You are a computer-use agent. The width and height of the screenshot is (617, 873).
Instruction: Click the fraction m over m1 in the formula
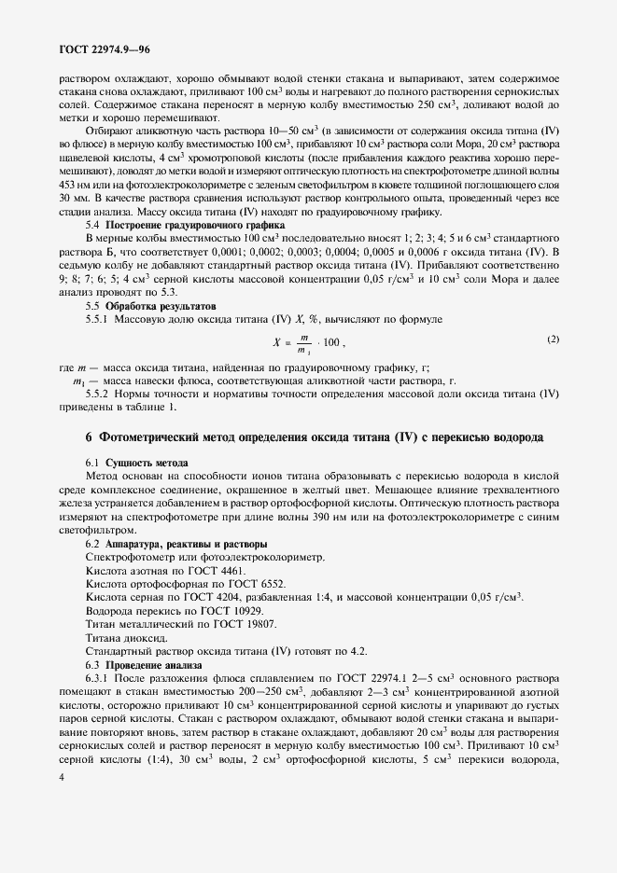pyautogui.click(x=305, y=344)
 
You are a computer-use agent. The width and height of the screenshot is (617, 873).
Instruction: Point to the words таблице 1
pyautogui.click(x=149, y=406)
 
